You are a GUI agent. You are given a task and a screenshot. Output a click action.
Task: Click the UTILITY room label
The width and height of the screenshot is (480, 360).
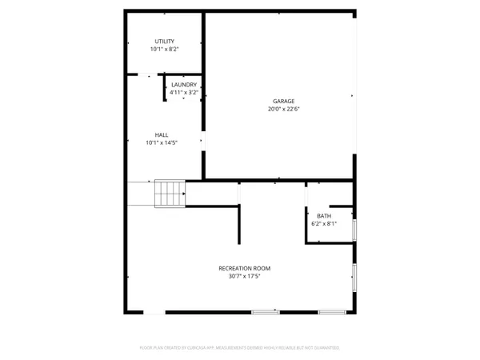[x=164, y=41]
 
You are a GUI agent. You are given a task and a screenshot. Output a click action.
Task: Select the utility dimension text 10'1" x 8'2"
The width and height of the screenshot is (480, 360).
[x=164, y=50]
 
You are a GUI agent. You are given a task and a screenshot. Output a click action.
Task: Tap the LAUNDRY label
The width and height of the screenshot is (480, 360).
[x=184, y=84]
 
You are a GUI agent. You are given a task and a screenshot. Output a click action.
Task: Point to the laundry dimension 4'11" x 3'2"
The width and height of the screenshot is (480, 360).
[x=184, y=92]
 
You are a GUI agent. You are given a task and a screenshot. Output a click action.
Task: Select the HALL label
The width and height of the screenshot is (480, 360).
[x=162, y=134]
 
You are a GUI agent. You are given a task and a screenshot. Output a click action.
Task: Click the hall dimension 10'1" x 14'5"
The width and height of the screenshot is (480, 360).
[x=162, y=143]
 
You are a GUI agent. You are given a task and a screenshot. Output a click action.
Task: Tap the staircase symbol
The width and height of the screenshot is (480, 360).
[x=170, y=193]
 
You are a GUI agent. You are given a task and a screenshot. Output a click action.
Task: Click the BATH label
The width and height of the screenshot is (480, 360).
[x=323, y=216]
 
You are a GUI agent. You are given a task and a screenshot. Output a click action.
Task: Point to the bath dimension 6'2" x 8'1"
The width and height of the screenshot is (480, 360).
[x=323, y=224]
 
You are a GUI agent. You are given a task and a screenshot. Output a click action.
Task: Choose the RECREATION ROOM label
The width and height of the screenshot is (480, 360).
[x=244, y=268]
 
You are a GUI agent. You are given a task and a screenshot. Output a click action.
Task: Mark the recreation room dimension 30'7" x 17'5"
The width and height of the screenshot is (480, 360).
[x=244, y=277]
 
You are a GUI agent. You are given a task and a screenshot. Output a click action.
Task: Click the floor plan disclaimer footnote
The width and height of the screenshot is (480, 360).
[x=240, y=348]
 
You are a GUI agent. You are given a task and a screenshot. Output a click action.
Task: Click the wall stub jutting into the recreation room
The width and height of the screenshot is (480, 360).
[x=238, y=224]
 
